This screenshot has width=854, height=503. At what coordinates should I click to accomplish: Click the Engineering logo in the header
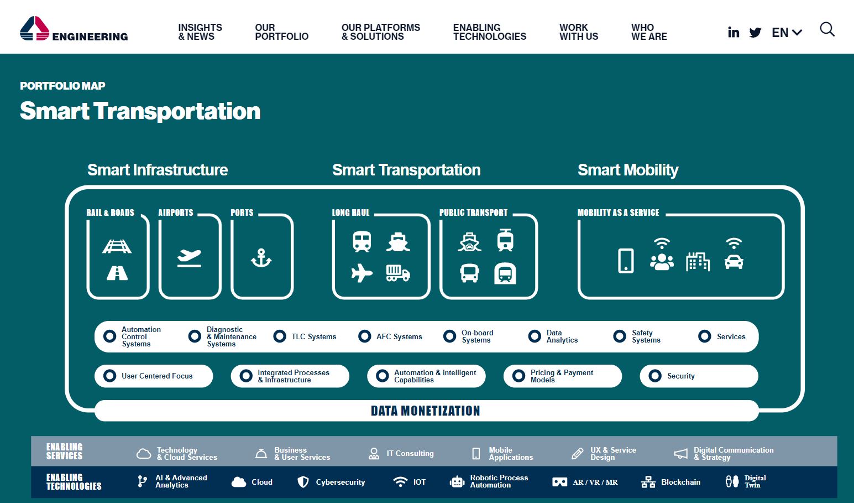pos(74,29)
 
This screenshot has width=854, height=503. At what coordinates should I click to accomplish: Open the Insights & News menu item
pos(200,32)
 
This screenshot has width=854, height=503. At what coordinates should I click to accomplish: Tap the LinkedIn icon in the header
pos(733,32)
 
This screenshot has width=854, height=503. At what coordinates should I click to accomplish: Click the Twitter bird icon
pos(755,33)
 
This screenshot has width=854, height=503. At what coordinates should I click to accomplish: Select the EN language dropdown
pos(787,33)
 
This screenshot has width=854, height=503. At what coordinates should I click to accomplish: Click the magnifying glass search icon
pos(827,29)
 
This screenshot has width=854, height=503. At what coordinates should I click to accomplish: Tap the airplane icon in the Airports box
pos(189,258)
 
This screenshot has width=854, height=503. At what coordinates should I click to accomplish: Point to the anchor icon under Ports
pos(261,258)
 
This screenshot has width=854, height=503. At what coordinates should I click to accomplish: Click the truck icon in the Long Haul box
pos(398,273)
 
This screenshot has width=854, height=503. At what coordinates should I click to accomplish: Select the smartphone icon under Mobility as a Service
pos(626,261)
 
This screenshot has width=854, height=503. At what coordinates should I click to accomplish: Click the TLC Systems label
pos(314,336)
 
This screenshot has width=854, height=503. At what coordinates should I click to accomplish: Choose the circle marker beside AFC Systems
pos(364,336)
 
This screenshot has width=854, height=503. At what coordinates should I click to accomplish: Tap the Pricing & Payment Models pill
pos(562,376)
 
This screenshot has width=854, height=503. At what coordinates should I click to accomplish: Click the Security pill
pos(699,376)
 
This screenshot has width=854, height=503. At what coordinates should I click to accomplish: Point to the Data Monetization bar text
pos(426,411)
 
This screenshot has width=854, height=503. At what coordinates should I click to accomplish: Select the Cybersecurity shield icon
pos(303,481)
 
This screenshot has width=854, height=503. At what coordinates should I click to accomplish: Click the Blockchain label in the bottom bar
pos(680,482)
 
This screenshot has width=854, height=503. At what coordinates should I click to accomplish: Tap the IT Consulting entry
pos(401,453)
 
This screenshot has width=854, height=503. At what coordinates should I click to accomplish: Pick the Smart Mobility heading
pos(628,170)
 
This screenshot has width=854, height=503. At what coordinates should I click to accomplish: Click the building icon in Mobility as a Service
pos(698,261)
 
